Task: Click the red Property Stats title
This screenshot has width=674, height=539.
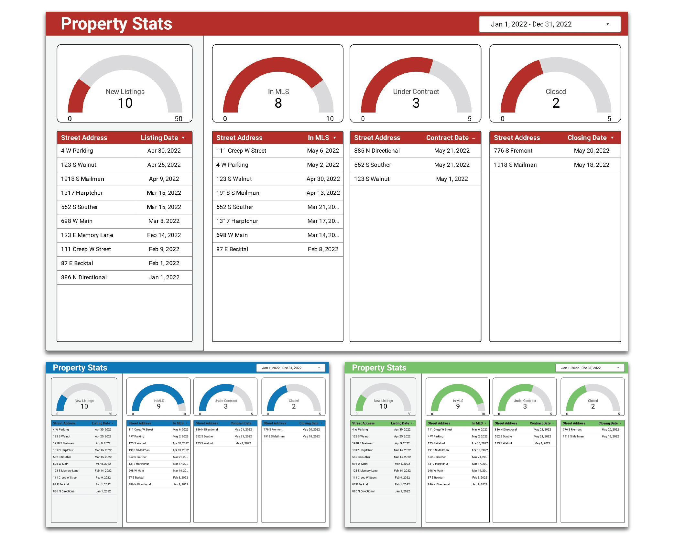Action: [116, 24]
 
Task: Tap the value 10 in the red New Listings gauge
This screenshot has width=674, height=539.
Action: [125, 103]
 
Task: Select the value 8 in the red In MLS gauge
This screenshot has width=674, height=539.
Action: [278, 103]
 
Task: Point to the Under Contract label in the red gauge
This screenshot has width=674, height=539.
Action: [416, 92]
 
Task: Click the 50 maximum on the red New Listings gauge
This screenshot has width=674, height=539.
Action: [179, 119]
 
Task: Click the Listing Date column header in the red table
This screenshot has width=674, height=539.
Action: [159, 138]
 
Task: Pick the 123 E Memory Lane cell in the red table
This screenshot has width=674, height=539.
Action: [87, 235]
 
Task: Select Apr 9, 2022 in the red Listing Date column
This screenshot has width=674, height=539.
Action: [164, 179]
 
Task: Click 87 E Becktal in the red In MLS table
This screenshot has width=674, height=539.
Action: [232, 249]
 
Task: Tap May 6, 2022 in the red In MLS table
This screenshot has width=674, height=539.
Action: [323, 151]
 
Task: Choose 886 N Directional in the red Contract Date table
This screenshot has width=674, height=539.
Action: [377, 151]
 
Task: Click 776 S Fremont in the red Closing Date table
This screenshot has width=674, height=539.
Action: [513, 151]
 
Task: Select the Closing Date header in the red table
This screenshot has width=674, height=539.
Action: [587, 138]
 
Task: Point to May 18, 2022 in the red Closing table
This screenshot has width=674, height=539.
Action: [592, 165]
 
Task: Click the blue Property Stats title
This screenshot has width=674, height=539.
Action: [80, 368]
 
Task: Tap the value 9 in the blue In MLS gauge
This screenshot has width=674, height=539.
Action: [159, 406]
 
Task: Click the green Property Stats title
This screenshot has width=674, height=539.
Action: [379, 368]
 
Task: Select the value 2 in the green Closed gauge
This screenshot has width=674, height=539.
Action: [593, 406]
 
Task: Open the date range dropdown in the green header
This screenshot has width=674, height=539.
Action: [590, 368]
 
